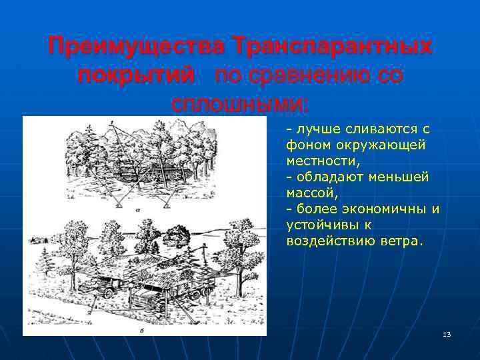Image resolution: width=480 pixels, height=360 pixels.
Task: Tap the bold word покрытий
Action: [x=136, y=75]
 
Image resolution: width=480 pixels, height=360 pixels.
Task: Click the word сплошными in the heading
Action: [x=237, y=104]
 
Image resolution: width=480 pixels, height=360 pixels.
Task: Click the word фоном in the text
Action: [x=306, y=144]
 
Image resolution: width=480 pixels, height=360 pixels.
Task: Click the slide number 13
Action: [x=447, y=334]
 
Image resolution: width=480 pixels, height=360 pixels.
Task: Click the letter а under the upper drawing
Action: [x=136, y=208]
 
